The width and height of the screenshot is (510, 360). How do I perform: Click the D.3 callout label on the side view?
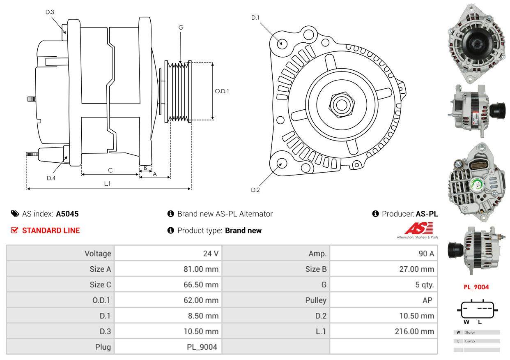[50, 12]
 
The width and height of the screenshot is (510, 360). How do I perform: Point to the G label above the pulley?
[181, 28]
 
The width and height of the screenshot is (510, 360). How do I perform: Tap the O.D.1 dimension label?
[222, 91]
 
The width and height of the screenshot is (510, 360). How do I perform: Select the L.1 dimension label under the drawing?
[107, 184]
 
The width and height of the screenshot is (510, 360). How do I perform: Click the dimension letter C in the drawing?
[110, 170]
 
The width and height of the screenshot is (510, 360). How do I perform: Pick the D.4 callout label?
[51, 178]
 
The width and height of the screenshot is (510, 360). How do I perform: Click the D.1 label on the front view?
[255, 17]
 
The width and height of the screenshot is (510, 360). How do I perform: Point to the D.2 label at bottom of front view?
[255, 190]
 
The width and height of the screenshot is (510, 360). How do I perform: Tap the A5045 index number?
[67, 214]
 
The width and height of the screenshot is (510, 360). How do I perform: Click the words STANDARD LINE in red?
[51, 231]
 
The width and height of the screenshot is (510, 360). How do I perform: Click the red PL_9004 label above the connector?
[476, 287]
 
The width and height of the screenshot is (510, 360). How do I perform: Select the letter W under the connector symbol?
[467, 322]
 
